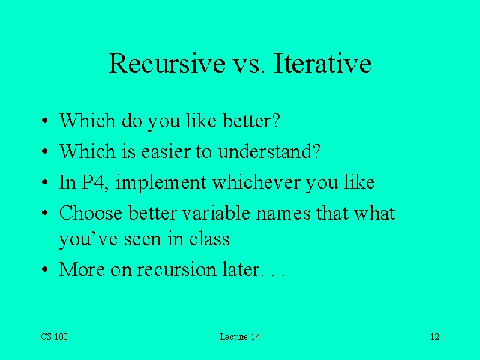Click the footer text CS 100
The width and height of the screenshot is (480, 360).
(x=54, y=337)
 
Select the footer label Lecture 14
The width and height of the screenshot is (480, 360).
(x=240, y=337)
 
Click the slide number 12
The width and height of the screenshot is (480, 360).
(x=434, y=337)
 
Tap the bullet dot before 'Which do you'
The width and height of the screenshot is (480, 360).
(x=45, y=121)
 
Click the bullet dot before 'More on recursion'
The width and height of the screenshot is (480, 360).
(x=45, y=270)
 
